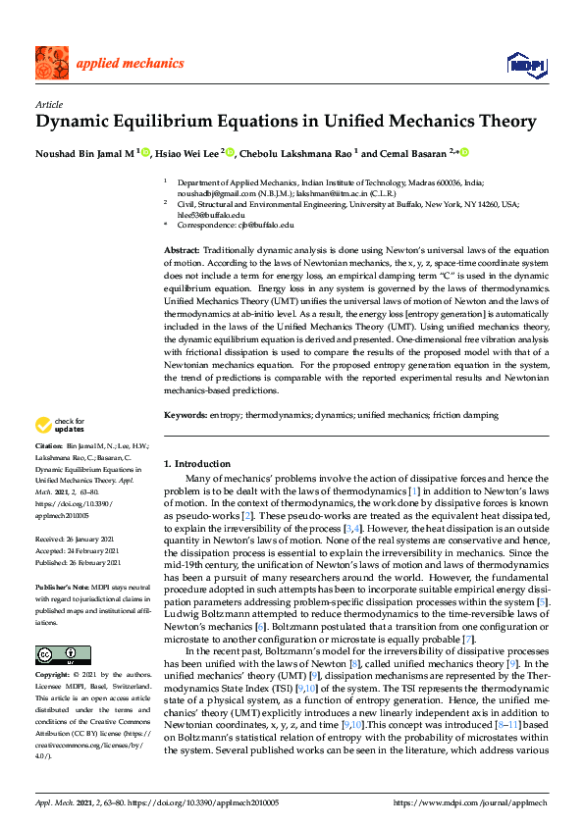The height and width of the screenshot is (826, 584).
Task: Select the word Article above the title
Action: point(49,104)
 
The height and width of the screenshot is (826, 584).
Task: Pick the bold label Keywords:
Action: point(184,415)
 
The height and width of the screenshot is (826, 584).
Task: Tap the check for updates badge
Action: point(58,425)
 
